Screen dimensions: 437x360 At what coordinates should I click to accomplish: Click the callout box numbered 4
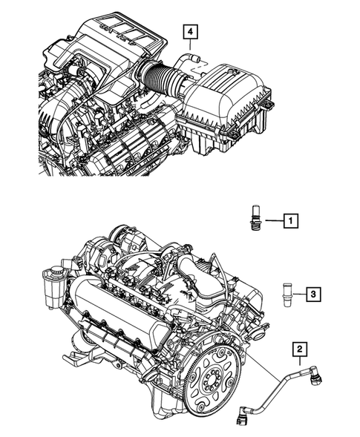[192, 32]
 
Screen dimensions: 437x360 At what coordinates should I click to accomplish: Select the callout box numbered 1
[292, 220]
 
